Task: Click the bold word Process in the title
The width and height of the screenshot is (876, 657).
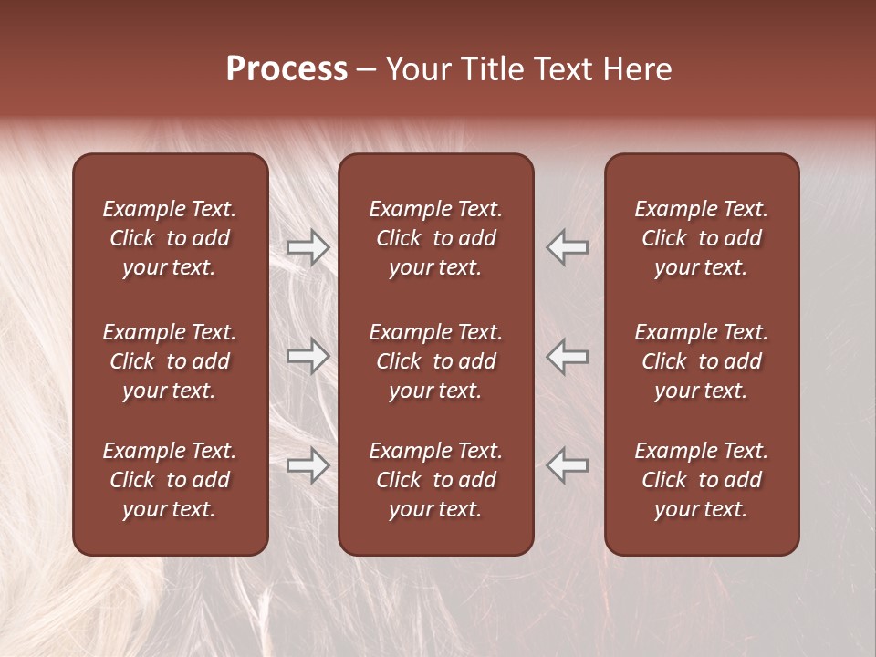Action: [x=287, y=69]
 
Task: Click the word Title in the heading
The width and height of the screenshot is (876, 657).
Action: [x=488, y=69]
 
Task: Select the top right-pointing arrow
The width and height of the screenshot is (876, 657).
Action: [x=308, y=247]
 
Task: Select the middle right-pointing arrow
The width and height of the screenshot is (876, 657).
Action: [x=308, y=356]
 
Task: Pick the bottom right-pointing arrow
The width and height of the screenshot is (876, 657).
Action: [x=308, y=465]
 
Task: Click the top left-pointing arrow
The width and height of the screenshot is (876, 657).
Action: [x=567, y=247]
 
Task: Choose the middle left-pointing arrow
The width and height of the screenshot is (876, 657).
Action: [x=567, y=356]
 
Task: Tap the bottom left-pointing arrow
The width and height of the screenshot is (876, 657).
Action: [x=567, y=465]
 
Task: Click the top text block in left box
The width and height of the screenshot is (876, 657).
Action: [x=169, y=238]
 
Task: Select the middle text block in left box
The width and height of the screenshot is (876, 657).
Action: [x=169, y=361]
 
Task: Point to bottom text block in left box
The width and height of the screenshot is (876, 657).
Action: [x=169, y=480]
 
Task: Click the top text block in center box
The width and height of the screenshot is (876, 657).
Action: [x=435, y=238]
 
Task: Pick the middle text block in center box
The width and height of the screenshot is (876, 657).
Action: [x=435, y=361]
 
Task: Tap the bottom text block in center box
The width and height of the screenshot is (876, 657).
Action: [x=435, y=480]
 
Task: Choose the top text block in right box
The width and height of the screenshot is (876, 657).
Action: [x=701, y=238]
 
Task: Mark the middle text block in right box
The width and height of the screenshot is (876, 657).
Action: [x=701, y=361]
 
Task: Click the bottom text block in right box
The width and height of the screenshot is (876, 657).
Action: [x=701, y=480]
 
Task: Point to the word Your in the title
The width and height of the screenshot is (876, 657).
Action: [x=417, y=69]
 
